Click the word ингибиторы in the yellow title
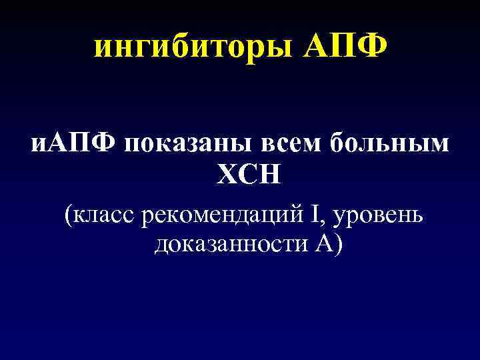(193, 47)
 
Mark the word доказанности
(229, 245)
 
